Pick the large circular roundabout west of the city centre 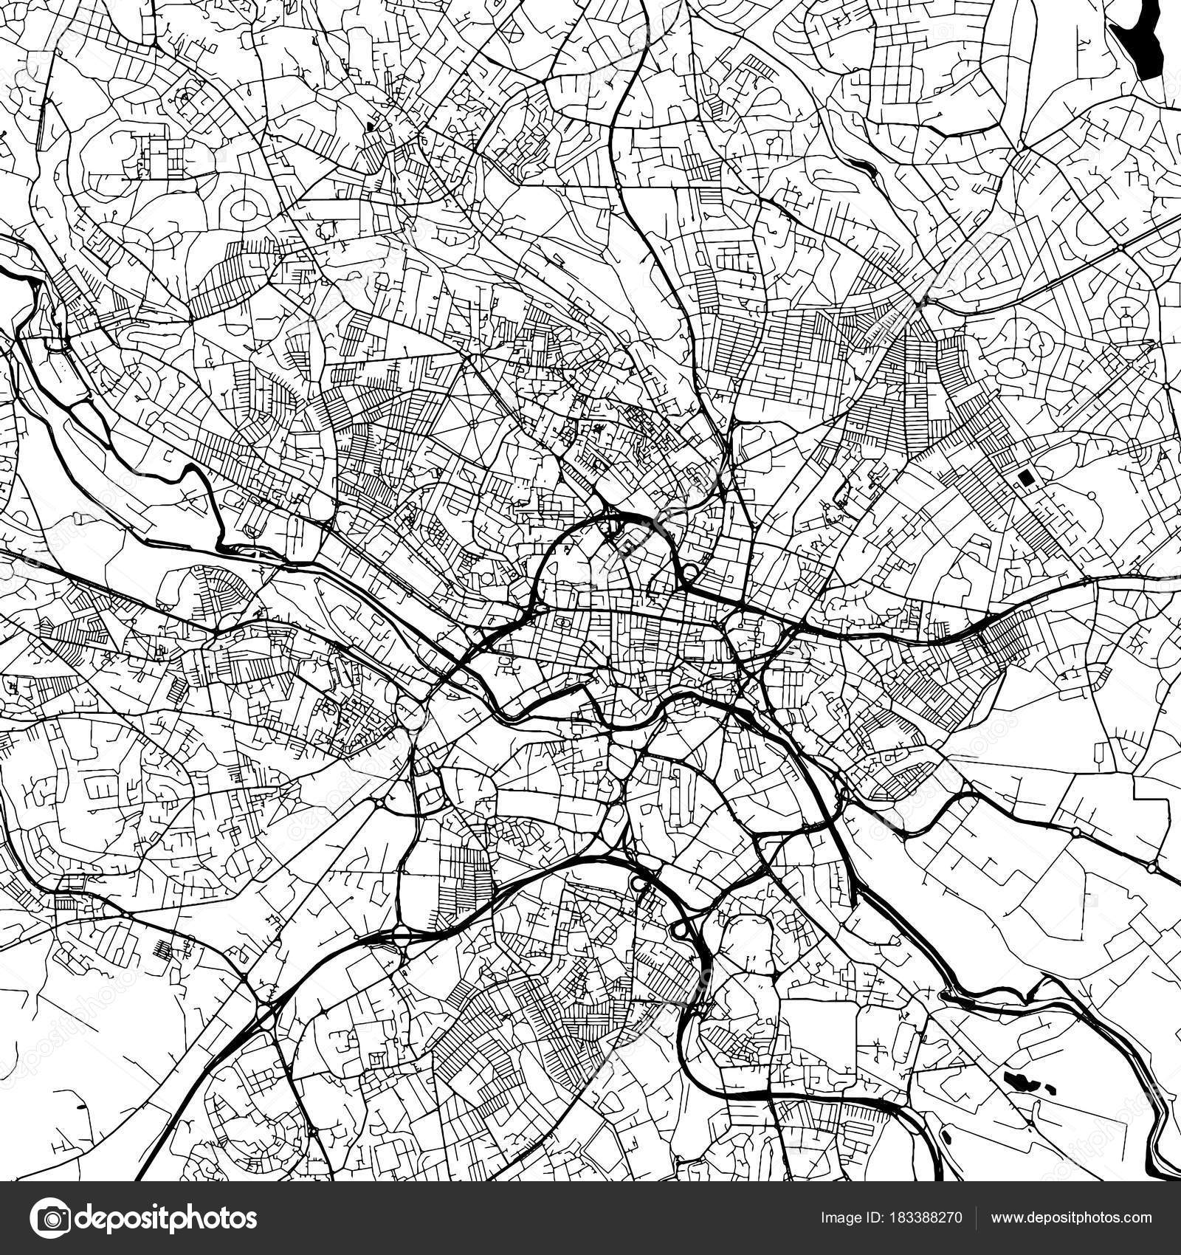coord(409,714)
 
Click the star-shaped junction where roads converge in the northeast coord(919,301)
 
